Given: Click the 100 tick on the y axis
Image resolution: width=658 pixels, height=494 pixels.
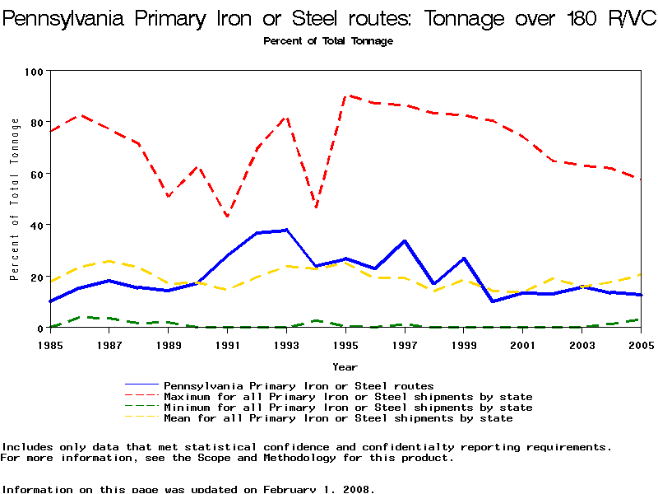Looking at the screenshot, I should (33, 72).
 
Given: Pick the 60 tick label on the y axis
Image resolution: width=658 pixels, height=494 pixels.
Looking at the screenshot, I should (36, 174).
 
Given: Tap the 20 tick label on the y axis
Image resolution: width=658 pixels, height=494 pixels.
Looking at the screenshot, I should (36, 277).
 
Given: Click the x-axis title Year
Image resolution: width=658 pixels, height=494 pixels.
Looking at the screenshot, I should (345, 366).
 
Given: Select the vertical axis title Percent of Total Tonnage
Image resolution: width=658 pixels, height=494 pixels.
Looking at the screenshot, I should (15, 199).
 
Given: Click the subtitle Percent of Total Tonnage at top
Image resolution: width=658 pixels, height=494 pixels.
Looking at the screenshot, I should (328, 41).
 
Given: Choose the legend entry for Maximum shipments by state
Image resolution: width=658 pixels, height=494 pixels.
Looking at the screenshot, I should (348, 397).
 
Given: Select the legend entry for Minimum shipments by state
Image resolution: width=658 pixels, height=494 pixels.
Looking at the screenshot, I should (348, 408).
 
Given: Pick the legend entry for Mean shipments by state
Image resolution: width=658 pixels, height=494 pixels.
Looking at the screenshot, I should (338, 418).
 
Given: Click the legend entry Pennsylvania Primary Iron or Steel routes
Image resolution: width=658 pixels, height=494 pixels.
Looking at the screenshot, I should (299, 385).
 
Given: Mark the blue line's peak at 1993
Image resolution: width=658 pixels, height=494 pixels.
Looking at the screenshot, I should (286, 230).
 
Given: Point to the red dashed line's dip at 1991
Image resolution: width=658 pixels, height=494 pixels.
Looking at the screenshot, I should (227, 217).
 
